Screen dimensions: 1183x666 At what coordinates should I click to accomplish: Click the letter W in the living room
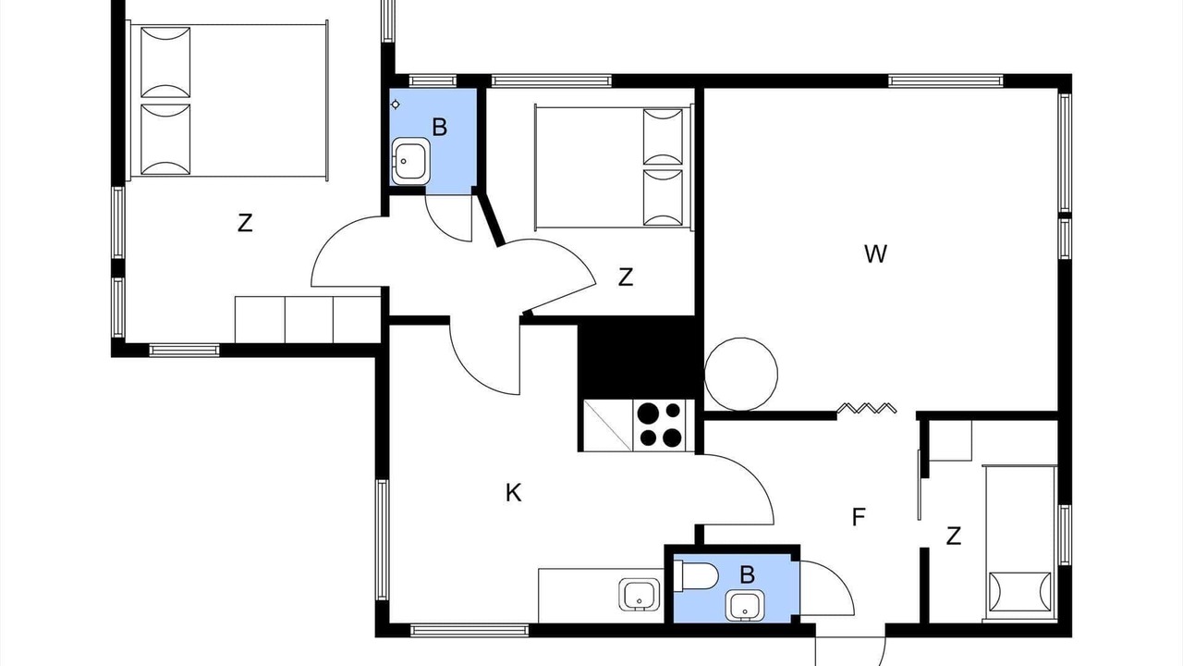point(875,254)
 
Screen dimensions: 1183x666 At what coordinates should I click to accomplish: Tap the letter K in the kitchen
point(513,493)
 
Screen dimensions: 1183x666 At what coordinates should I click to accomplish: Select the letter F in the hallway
point(859,517)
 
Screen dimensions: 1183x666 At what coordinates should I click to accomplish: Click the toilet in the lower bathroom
point(695,575)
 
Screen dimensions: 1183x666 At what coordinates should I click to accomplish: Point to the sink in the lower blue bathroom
point(745,606)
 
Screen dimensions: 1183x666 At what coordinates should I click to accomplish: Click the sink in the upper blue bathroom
point(410,161)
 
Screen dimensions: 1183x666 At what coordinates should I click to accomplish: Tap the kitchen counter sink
point(640,595)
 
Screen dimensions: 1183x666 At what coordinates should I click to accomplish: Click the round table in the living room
point(741,375)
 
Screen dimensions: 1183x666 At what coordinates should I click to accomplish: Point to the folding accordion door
point(867,408)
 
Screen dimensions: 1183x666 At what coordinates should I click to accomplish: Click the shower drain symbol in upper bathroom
point(395,105)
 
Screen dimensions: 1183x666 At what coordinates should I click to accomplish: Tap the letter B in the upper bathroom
point(439,128)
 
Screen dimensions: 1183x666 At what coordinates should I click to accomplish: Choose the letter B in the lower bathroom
point(747,574)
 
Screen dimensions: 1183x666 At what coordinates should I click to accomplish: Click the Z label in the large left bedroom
point(245,223)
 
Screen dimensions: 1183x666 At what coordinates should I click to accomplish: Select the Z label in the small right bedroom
point(953,536)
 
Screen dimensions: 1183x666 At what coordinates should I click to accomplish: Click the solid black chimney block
point(640,358)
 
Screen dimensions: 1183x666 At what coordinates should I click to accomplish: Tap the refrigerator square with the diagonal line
point(608,425)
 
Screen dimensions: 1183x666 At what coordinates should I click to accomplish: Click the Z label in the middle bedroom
point(626,277)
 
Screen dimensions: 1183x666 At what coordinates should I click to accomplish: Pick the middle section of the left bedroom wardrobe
point(309,320)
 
